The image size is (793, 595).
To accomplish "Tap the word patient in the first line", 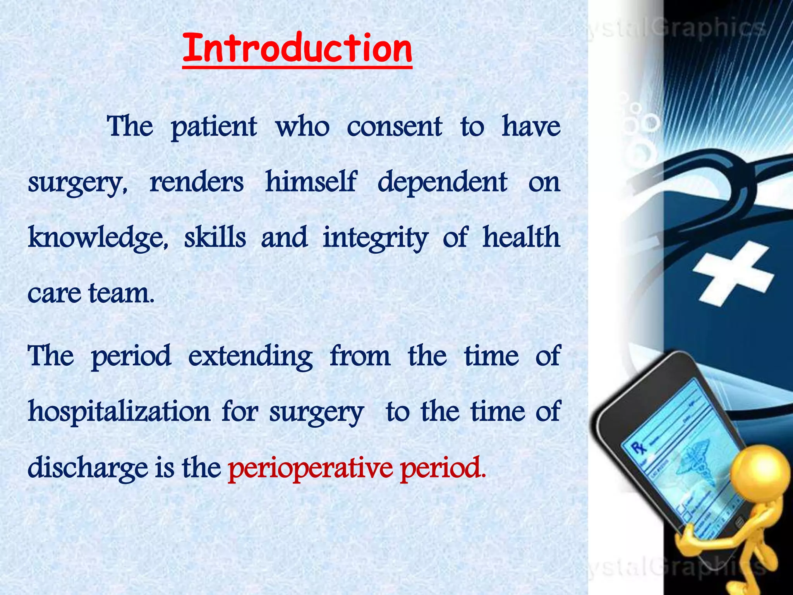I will [214, 127].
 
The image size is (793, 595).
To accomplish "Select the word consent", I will [394, 127].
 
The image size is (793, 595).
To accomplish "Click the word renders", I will [196, 182].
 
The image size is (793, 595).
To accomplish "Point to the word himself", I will [310, 182].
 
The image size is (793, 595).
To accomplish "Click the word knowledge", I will [98, 238].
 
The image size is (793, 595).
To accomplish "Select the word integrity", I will [376, 238].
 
